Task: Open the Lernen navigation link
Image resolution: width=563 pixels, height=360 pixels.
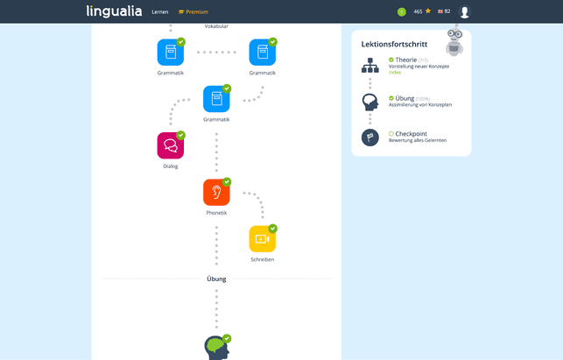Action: click(x=159, y=12)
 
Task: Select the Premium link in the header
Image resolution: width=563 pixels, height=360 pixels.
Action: click(x=194, y=12)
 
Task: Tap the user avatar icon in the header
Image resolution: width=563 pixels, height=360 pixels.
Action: click(x=464, y=12)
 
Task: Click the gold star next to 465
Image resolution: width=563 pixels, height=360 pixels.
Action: click(x=428, y=11)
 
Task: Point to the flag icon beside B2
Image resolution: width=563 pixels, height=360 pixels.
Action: click(x=440, y=11)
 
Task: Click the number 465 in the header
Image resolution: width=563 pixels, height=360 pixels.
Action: click(x=418, y=11)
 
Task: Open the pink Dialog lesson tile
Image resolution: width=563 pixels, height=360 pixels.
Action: click(x=170, y=145)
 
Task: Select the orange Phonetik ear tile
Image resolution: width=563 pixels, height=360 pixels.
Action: click(x=216, y=192)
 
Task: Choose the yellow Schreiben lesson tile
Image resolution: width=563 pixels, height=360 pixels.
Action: click(x=262, y=238)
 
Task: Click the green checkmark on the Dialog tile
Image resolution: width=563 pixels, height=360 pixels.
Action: click(x=181, y=135)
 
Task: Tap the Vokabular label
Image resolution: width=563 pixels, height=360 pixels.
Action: click(x=216, y=26)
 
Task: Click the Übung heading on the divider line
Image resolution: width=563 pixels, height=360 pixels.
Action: click(x=216, y=279)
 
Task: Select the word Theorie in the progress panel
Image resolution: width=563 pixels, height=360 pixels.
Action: click(x=405, y=60)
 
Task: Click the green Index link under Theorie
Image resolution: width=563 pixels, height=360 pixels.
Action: click(x=395, y=73)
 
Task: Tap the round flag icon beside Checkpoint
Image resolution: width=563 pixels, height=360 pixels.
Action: click(x=369, y=138)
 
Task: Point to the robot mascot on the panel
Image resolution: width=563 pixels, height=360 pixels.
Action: click(x=454, y=41)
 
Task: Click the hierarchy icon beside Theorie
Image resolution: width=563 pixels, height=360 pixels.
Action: click(x=369, y=65)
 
